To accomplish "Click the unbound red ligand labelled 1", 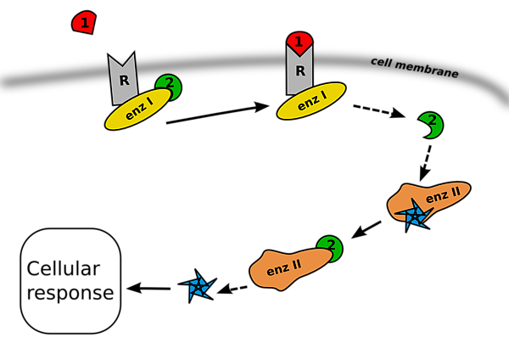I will click(83, 22).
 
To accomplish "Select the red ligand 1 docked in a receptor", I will click(299, 42).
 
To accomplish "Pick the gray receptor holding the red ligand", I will click(299, 72).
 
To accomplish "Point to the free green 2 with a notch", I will click(431, 125).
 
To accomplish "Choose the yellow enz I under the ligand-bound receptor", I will click(311, 101).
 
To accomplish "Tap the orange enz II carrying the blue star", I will click(433, 198).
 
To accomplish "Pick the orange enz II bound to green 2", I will click(288, 267).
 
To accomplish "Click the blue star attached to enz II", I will click(414, 216).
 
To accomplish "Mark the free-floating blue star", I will click(198, 287).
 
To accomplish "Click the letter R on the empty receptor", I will click(124, 81).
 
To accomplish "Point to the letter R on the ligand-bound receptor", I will click(299, 70).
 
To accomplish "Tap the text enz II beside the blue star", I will click(443, 195).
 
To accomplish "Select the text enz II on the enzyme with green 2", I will click(283, 267).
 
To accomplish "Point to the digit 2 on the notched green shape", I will click(432, 121).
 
